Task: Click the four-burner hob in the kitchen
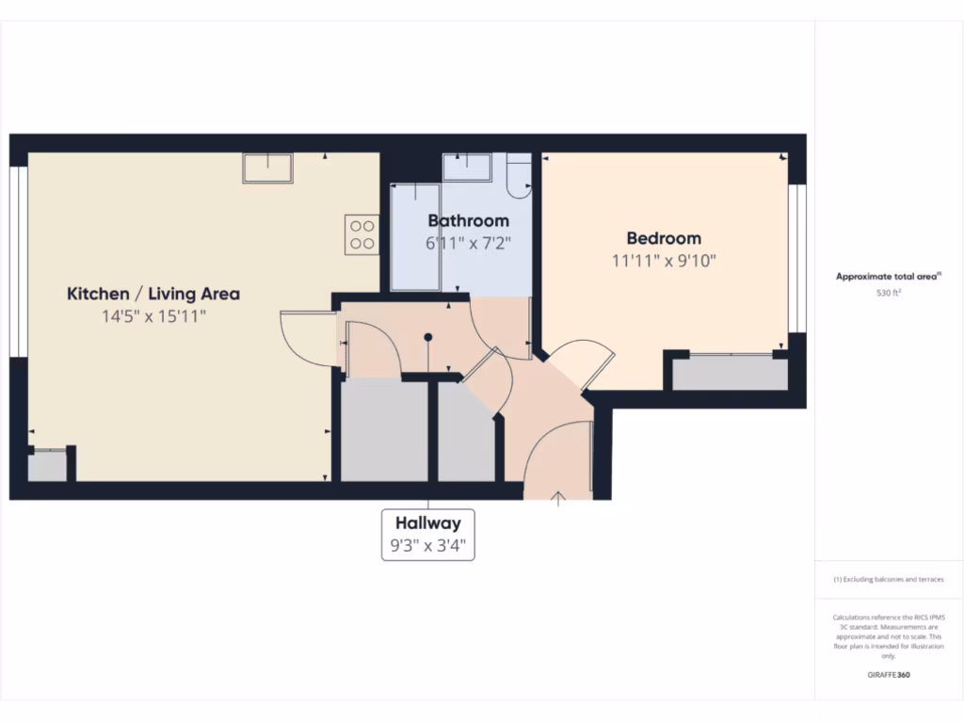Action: [361, 234]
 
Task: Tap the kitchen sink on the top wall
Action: [267, 168]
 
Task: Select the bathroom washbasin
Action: [467, 167]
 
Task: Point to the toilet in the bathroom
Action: [518, 176]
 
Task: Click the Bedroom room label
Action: [664, 238]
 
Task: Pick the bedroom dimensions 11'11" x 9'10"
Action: [664, 261]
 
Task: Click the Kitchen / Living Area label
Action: [153, 294]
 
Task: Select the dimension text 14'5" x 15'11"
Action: [153, 316]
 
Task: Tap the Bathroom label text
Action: [468, 220]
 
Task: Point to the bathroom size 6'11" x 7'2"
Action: [468, 243]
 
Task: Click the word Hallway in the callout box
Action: [428, 523]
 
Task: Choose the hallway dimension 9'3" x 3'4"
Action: [428, 544]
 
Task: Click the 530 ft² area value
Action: [889, 293]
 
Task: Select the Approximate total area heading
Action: [888, 277]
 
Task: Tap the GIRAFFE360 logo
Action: [888, 675]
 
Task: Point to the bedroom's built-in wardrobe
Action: [730, 374]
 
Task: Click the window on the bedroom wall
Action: [797, 259]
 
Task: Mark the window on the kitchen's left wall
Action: [18, 262]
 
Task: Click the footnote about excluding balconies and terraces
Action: [888, 580]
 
